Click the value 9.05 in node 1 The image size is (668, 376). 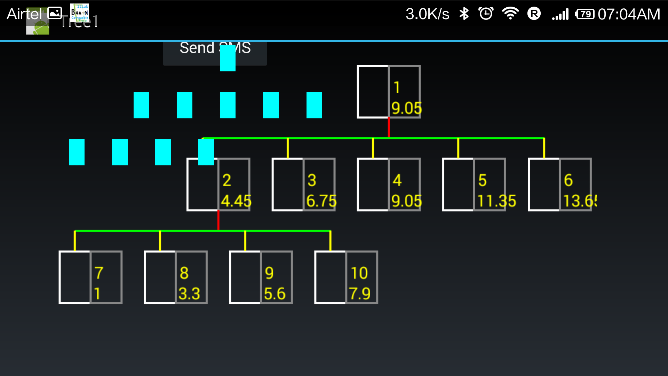pos(406,108)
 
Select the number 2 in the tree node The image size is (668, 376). pos(226,180)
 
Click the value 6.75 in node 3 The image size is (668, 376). pos(321,201)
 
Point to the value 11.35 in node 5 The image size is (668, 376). pos(496,201)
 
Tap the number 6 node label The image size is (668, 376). pos(568,180)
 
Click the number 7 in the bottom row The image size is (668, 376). pos(99,273)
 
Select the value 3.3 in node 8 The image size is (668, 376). pos(189,293)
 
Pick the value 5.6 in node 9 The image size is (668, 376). pos(275,293)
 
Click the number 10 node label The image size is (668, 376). pos(359,273)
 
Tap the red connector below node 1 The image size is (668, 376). pos(389,127)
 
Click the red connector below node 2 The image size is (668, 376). pos(218,220)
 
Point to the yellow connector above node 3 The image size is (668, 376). pos(288,148)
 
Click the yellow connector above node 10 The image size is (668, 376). pos(330,241)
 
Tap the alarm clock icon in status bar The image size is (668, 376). pos(486,14)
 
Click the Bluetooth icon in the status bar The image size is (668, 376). pos(464,14)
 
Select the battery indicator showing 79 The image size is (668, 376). pos(584,14)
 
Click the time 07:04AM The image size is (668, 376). pos(629,14)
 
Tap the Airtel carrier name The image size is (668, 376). pos(24,14)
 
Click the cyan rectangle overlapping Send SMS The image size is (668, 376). pos(228,58)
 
